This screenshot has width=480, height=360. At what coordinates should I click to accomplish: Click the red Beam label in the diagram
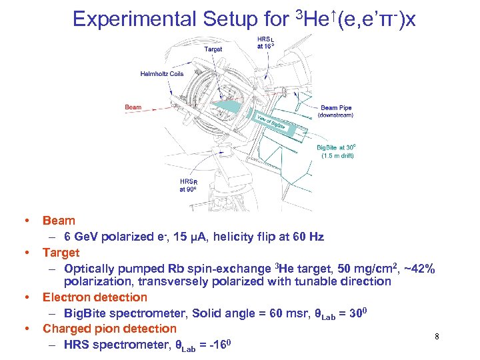[x=133, y=107]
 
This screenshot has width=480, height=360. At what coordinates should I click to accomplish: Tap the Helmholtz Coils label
[x=162, y=73]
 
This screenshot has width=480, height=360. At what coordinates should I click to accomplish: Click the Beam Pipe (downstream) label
[x=337, y=111]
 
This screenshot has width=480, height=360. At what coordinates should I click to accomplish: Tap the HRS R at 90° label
[x=189, y=185]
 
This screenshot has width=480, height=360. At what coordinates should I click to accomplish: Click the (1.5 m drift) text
[x=337, y=156]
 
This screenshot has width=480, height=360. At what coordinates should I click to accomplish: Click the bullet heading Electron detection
[x=95, y=297]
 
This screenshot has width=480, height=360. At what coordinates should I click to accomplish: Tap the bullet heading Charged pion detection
[x=109, y=329]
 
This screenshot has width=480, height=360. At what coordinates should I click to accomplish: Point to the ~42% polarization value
[x=421, y=269]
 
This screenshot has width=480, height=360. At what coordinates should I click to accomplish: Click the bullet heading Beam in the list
[x=59, y=221]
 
